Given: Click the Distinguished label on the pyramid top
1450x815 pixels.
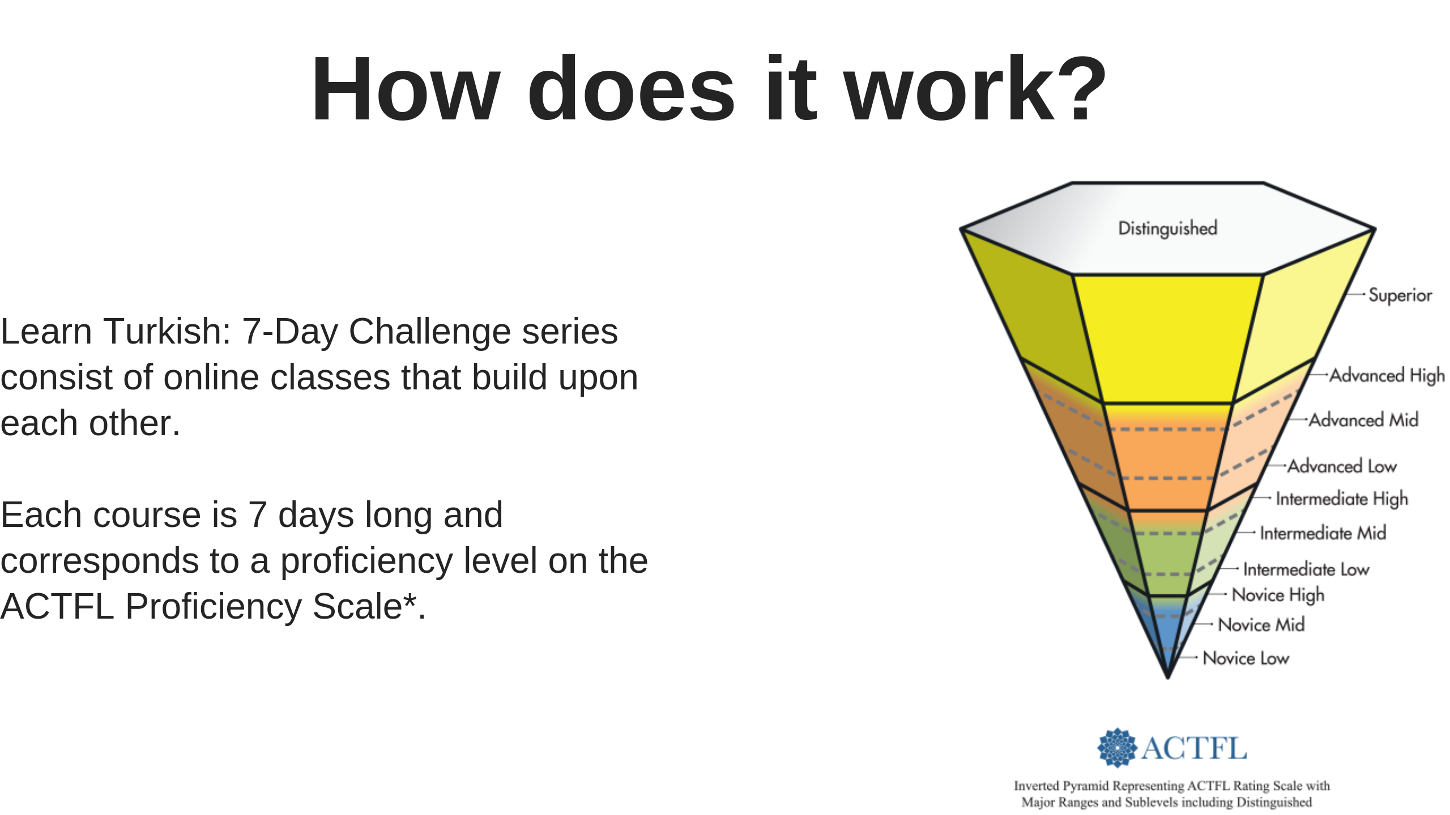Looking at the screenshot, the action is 1167,228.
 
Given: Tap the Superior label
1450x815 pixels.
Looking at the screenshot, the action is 1400,295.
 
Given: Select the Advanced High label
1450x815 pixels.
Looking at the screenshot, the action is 1387,375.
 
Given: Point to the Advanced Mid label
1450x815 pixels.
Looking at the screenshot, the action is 1364,420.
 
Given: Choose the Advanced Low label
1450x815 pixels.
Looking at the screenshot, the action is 1342,466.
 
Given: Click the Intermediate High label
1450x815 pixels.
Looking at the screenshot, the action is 1342,499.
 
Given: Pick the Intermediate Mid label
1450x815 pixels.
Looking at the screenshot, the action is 1323,533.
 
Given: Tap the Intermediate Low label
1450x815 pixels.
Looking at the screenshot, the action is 1306,569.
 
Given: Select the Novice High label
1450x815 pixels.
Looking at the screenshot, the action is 1278,595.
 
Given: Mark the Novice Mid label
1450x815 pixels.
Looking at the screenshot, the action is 1261,625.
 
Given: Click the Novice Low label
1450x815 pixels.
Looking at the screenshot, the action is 1246,658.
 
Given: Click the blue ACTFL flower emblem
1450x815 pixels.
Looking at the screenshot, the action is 1117,748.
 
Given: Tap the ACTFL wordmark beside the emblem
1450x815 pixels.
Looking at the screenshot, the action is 1194,748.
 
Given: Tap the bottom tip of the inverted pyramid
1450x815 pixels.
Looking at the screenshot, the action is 1167,677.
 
